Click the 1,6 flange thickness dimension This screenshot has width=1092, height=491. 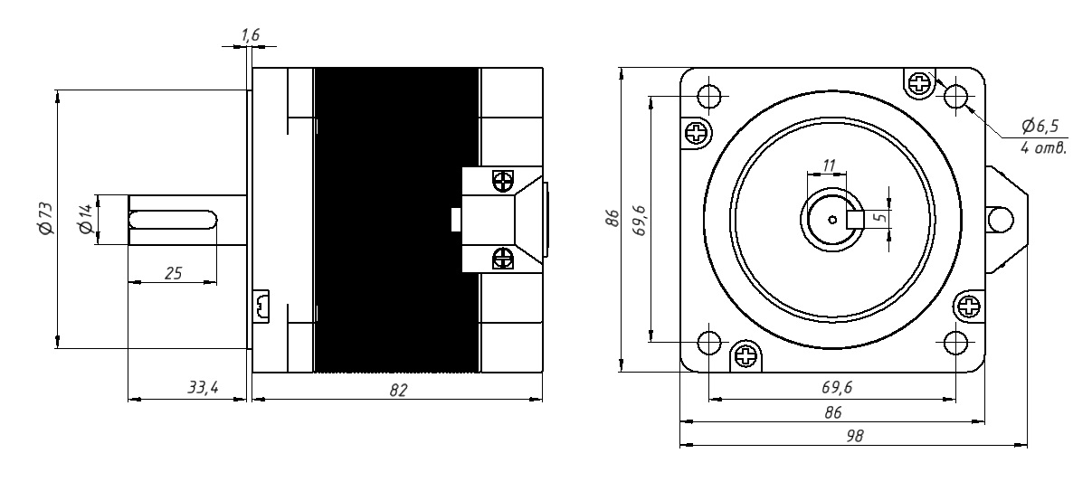coord(251,34)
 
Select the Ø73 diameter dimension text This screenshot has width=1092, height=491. coord(46,218)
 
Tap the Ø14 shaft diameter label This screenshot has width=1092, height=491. coord(85,219)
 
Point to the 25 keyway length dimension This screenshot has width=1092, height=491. coord(173,273)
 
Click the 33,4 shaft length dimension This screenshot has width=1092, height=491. coord(203,388)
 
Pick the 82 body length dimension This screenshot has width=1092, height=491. coord(398,390)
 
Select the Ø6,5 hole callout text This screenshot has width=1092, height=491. coord(1040,127)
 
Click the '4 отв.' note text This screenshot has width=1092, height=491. coord(1044,147)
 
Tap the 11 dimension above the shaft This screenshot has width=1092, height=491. coord(829,165)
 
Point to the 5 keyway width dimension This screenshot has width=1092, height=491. coord(881,217)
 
